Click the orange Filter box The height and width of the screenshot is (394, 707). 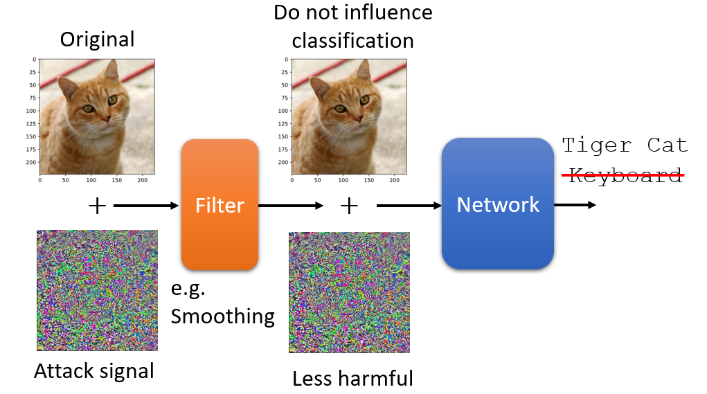(220, 205)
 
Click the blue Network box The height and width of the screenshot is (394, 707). (498, 204)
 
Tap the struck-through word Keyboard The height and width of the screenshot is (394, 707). (625, 175)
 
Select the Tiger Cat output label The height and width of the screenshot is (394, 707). (625, 145)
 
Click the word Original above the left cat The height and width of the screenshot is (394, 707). (98, 39)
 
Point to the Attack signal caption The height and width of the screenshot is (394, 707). (94, 371)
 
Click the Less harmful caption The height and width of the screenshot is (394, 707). (352, 378)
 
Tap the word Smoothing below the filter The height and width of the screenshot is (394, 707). (223, 316)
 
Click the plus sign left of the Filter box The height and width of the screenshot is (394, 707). (97, 206)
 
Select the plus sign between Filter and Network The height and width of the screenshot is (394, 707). (349, 206)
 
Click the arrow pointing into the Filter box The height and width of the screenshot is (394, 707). (146, 206)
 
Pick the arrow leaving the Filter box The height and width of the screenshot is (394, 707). (291, 206)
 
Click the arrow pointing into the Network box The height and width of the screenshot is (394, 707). (409, 206)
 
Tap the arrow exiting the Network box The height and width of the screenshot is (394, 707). (575, 205)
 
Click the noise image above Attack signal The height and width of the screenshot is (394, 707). (98, 290)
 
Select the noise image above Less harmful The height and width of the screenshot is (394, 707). (350, 293)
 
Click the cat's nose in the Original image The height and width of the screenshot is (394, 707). (106, 118)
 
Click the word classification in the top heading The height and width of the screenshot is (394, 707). (352, 41)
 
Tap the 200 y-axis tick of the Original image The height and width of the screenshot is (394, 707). (31, 162)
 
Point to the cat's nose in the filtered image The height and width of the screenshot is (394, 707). (358, 118)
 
